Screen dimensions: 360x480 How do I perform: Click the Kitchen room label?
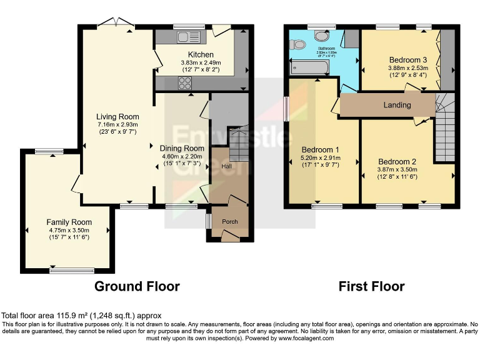pyautogui.click(x=197, y=55)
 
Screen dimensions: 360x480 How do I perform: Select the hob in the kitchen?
pyautogui.click(x=186, y=83)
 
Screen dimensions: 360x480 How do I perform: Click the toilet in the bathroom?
pyautogui.click(x=299, y=45)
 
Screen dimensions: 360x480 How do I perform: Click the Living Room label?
pyautogui.click(x=117, y=116)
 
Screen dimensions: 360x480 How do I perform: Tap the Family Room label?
pyautogui.click(x=69, y=222)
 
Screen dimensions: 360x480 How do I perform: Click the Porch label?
pyautogui.click(x=230, y=221)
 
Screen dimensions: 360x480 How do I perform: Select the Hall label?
pyautogui.click(x=227, y=167)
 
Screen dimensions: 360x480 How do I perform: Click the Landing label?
pyautogui.click(x=396, y=105)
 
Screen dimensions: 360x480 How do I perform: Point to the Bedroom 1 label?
pyautogui.click(x=320, y=150)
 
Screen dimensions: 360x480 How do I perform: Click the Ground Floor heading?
pyautogui.click(x=137, y=286)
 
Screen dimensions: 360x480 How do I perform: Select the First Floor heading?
pyautogui.click(x=371, y=286)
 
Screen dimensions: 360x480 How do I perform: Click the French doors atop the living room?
pyautogui.click(x=118, y=24)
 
